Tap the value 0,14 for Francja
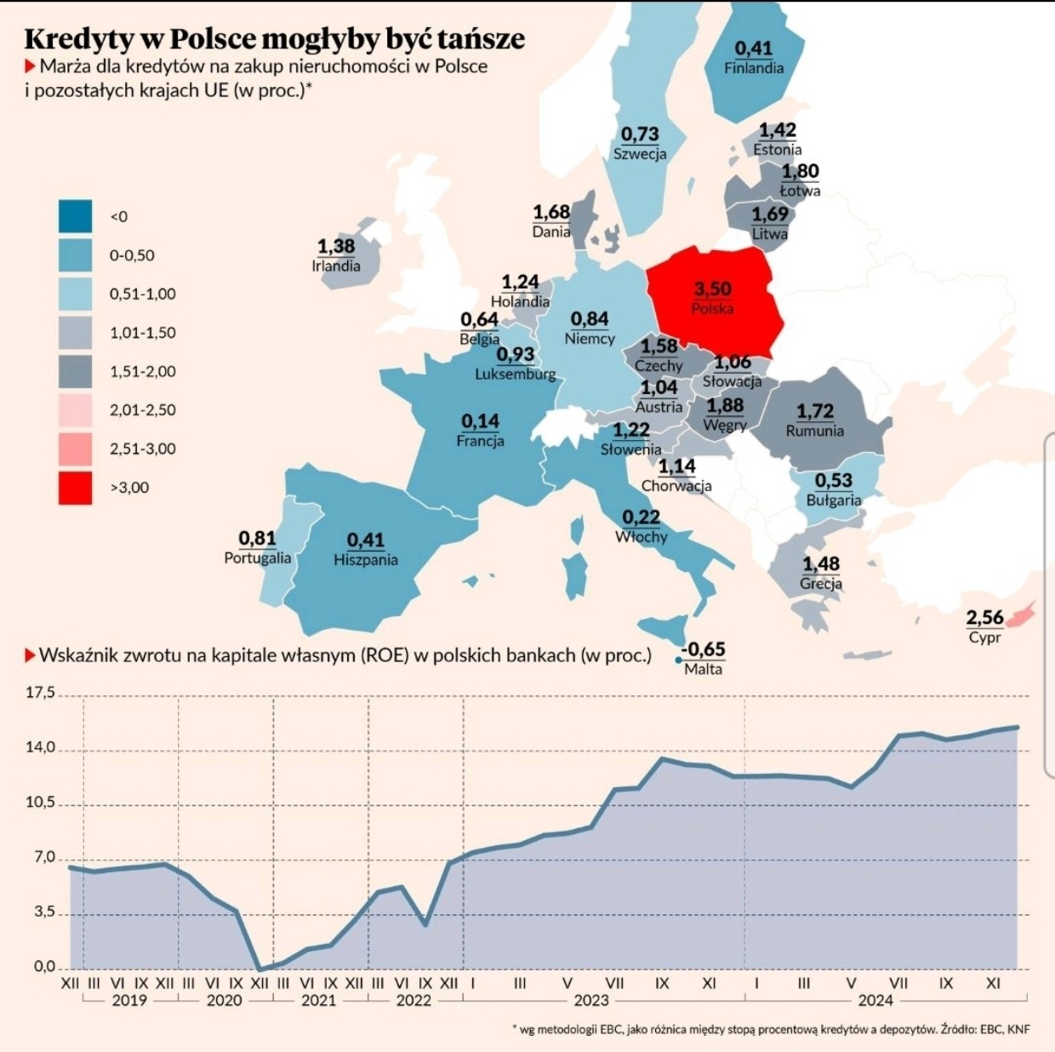coord(480,420)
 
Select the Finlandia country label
coord(753,68)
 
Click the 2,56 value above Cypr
coord(984,617)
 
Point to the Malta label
coord(703,669)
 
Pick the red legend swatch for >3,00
coord(75,488)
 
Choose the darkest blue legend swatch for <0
coord(75,216)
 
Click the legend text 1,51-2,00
coord(142,371)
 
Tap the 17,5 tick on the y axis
coord(40,693)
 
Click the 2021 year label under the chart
coord(318,1000)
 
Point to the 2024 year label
coord(875,1000)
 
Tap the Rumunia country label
coord(814,431)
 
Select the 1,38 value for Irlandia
coord(335,246)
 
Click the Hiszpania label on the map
coord(365,560)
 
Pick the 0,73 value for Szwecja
coord(640,134)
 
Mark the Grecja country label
coord(820,584)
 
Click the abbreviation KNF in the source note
coord(1018,1029)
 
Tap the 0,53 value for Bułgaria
coord(833,481)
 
